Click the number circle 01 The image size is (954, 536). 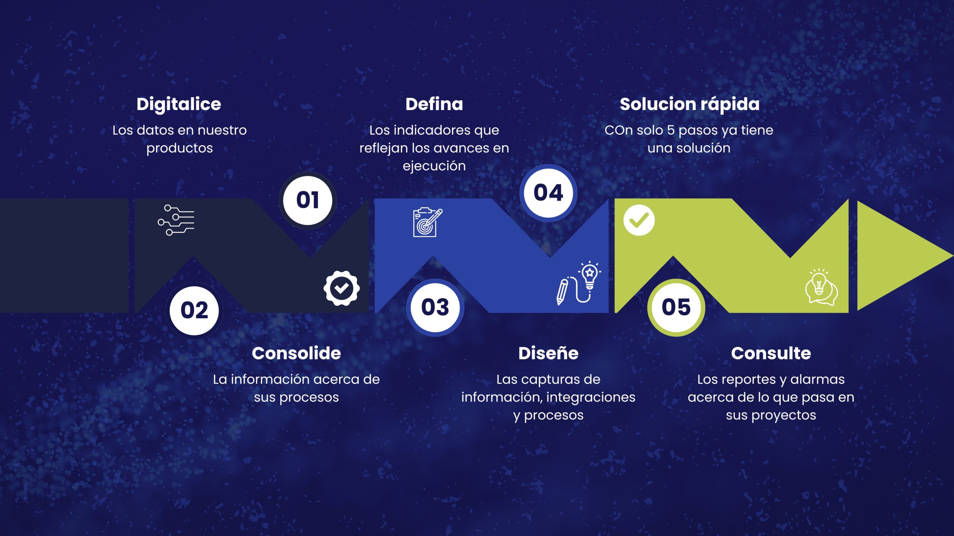pyautogui.click(x=308, y=200)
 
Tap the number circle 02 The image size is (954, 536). pyautogui.click(x=194, y=310)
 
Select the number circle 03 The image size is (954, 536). pyautogui.click(x=435, y=307)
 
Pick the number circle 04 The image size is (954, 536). pyautogui.click(x=548, y=193)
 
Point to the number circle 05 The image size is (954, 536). pyautogui.click(x=676, y=307)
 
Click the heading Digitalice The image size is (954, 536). pyautogui.click(x=179, y=104)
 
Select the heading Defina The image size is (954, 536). pyautogui.click(x=434, y=104)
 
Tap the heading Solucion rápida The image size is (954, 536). pyautogui.click(x=689, y=104)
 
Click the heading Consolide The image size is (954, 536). pyautogui.click(x=296, y=353)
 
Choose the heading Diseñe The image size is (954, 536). pyautogui.click(x=548, y=353)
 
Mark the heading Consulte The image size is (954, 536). pyautogui.click(x=771, y=353)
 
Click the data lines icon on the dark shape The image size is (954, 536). pyautogui.click(x=176, y=220)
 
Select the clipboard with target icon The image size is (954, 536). pyautogui.click(x=427, y=222)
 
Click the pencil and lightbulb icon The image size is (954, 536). pyautogui.click(x=578, y=283)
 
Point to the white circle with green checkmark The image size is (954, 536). pyautogui.click(x=639, y=220)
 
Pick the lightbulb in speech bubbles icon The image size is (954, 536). pyautogui.click(x=821, y=287)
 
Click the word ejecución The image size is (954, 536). pyautogui.click(x=434, y=166)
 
